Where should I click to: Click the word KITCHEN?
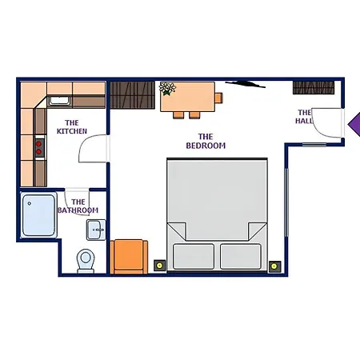(72, 131)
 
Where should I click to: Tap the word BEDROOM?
(206, 146)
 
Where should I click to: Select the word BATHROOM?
(78, 210)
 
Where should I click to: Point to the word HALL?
(304, 121)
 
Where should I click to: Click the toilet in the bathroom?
(86, 261)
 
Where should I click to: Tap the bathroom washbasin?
(96, 230)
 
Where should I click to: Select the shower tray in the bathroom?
(38, 215)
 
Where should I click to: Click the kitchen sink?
(59, 101)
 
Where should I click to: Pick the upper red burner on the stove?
(39, 144)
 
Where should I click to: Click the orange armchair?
(129, 257)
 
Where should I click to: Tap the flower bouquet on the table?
(167, 88)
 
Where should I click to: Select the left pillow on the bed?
(194, 256)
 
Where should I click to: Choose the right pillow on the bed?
(241, 256)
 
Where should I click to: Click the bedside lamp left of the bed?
(159, 266)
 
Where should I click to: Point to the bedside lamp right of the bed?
(274, 266)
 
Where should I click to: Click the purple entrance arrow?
(354, 124)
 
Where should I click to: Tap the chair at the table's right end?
(218, 98)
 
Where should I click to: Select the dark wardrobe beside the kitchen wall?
(133, 95)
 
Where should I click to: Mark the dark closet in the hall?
(314, 88)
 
